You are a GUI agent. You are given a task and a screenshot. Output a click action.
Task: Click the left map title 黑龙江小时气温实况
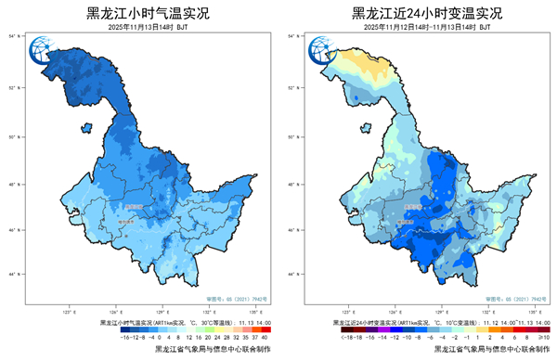click(147, 14)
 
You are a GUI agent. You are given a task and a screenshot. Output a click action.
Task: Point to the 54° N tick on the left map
click(16, 36)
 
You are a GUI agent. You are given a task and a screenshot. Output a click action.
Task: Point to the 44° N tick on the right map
click(295, 275)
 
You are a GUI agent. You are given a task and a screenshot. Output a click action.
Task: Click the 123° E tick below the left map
click(68, 313)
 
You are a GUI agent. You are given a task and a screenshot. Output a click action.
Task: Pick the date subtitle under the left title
click(147, 28)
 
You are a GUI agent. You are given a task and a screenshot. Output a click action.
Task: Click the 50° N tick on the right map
click(295, 136)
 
